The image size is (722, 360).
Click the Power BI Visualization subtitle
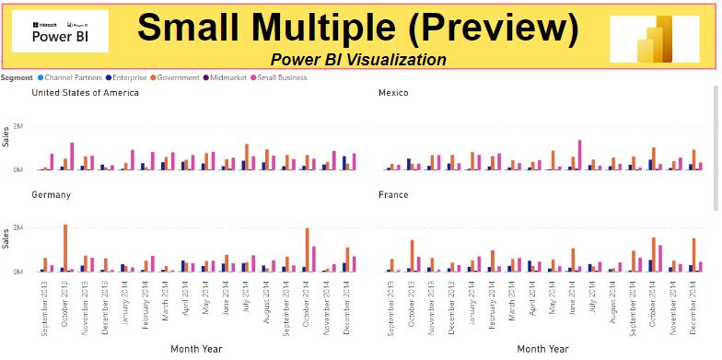pyautogui.click(x=358, y=60)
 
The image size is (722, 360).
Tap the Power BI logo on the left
pyautogui.click(x=60, y=31)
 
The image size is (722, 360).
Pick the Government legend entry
pyautogui.click(x=176, y=77)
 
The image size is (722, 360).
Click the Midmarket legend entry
pyautogui.click(x=230, y=77)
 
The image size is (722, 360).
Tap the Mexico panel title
pyautogui.click(x=394, y=93)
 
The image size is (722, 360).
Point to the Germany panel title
pyautogui.click(x=51, y=195)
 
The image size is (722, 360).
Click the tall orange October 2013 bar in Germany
pyautogui.click(x=65, y=248)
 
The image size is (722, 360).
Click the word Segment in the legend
pyautogui.click(x=18, y=77)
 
